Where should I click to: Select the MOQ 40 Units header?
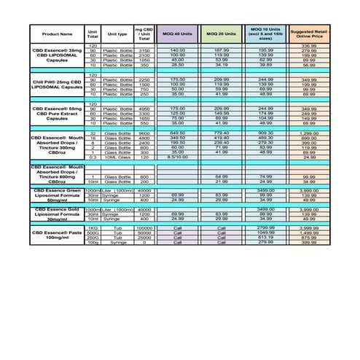pos(178,34)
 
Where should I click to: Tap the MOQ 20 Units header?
pos(222,34)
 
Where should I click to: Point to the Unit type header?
pos(117,34)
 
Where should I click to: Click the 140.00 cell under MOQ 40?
pos(178,50)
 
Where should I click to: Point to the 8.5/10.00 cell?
pos(178,157)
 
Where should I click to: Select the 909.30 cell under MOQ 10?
pos(265,134)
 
